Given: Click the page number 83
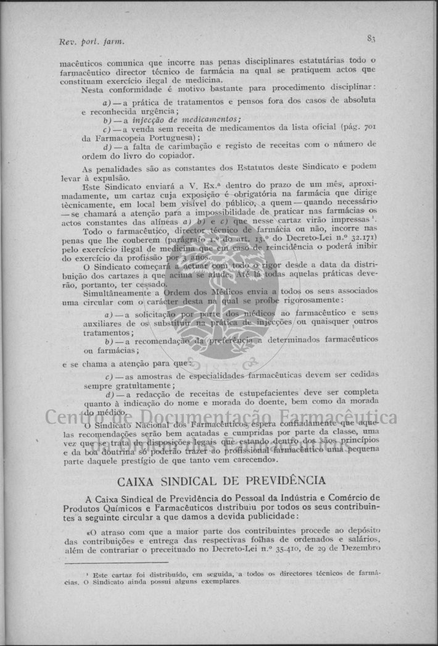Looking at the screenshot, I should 371,38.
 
